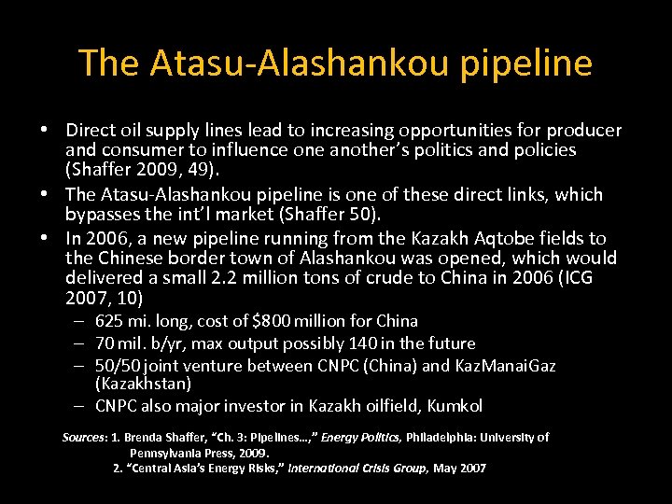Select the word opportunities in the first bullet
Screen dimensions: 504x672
coord(443,130)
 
